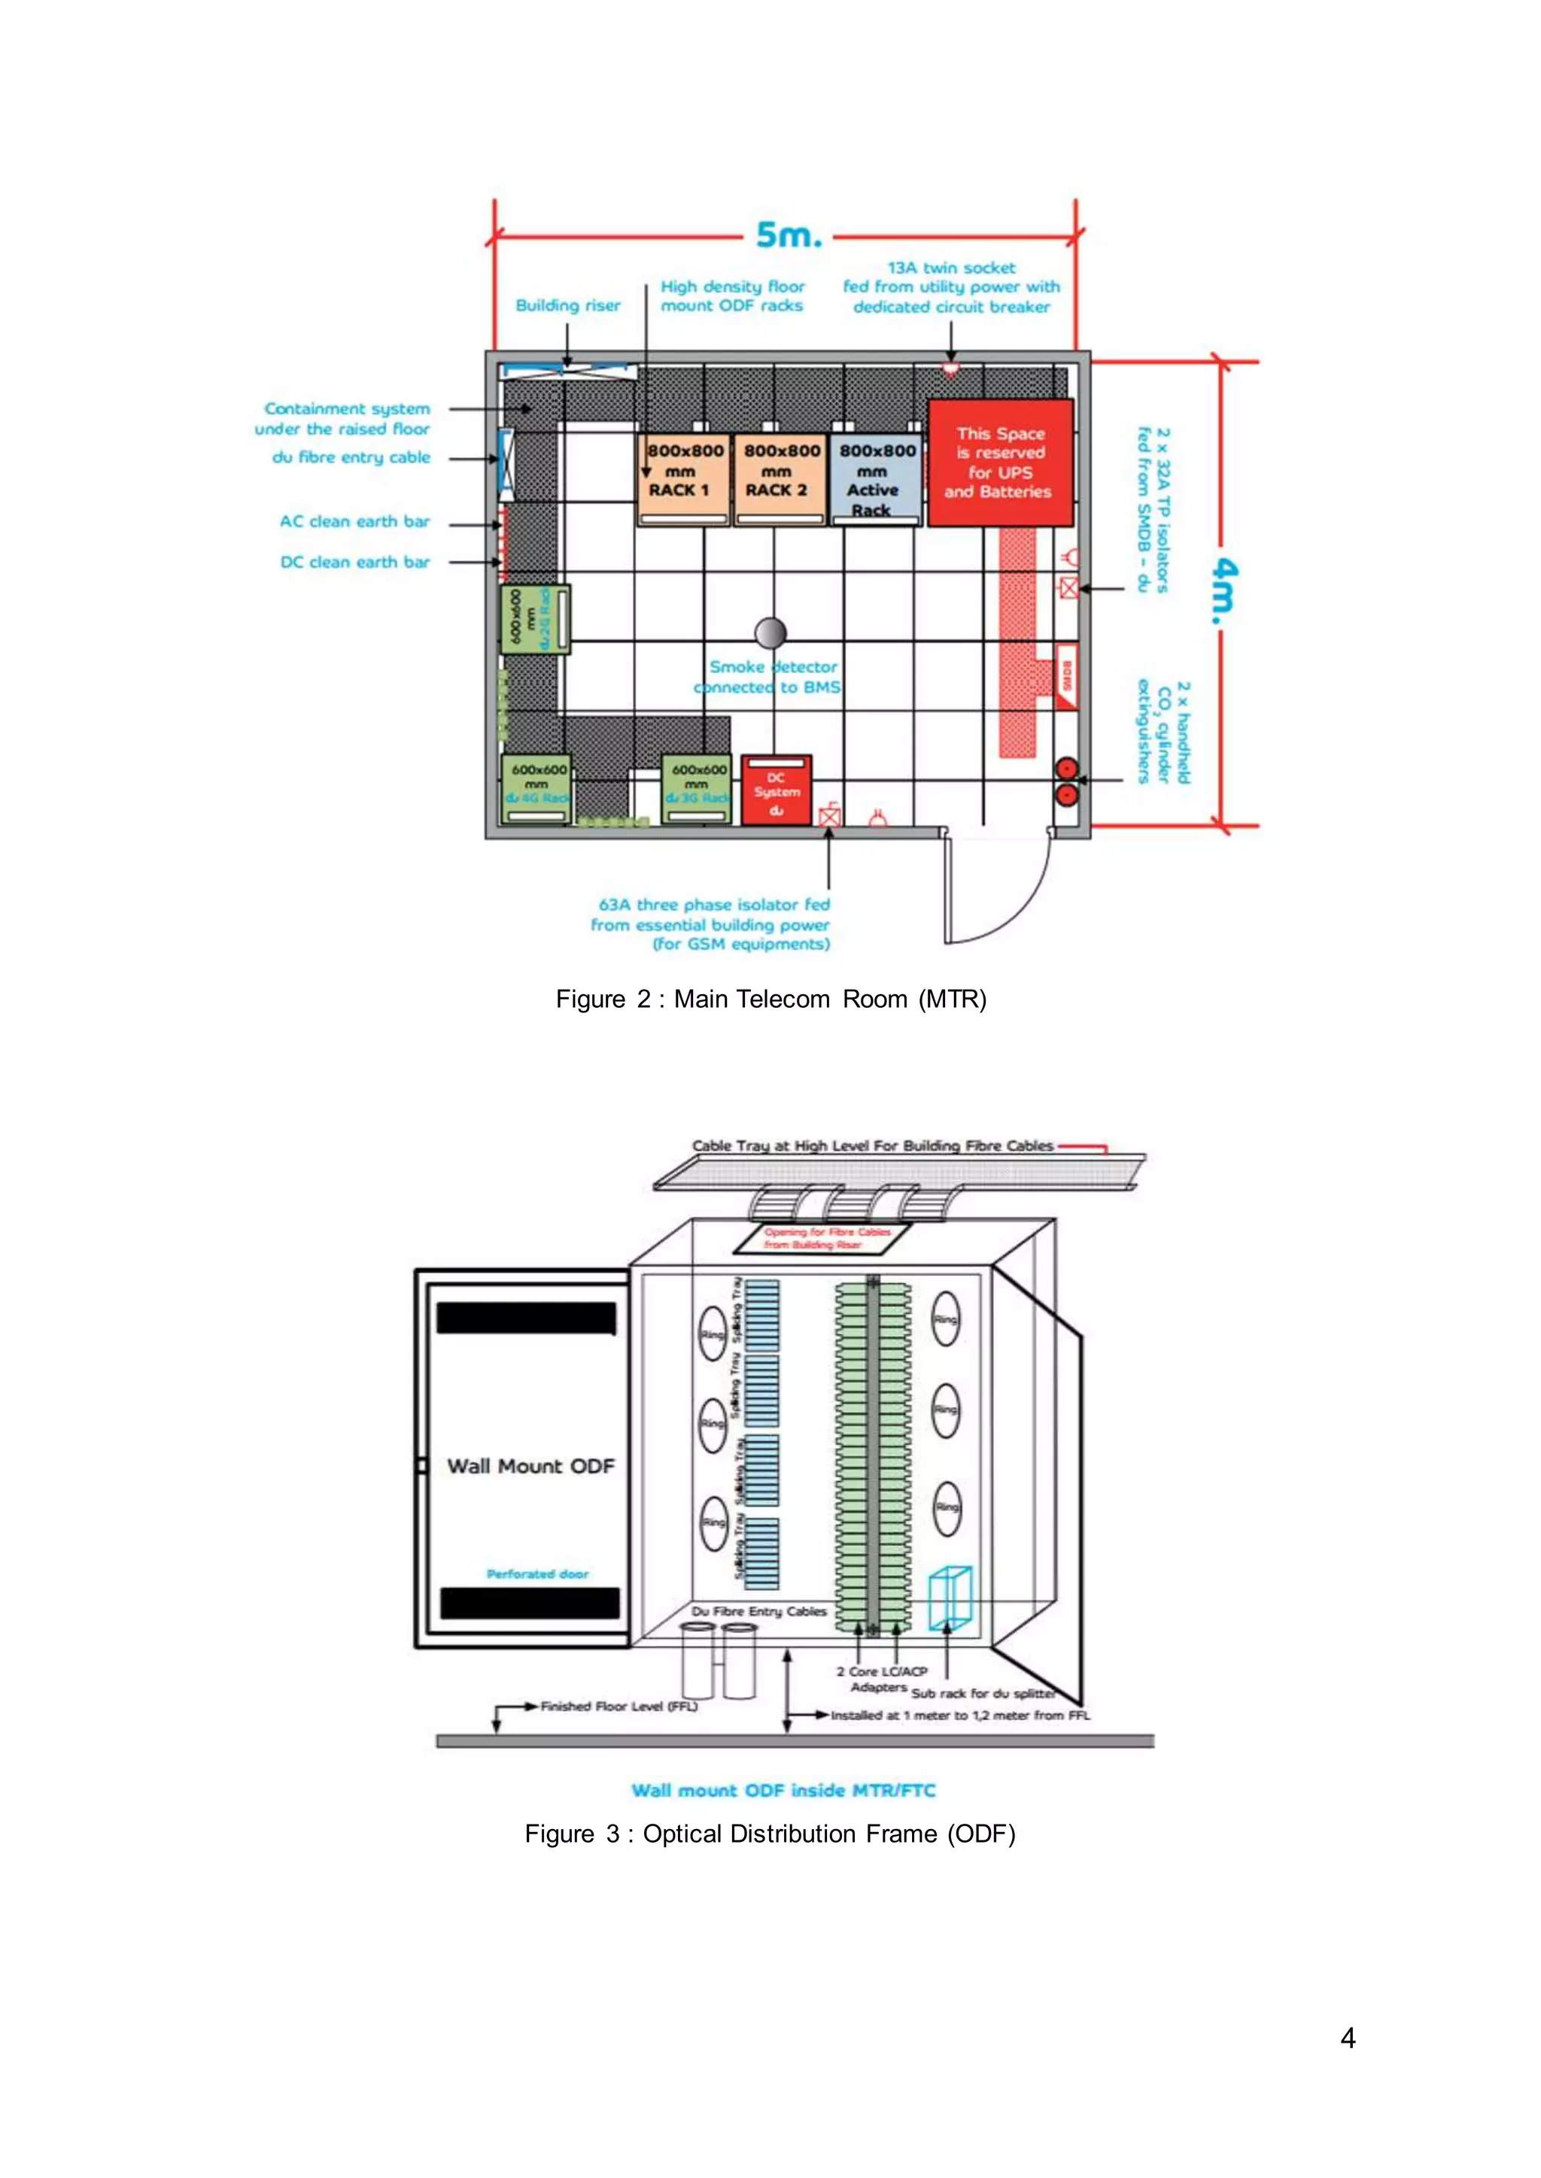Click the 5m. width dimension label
[x=788, y=235]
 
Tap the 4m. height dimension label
[x=1224, y=590]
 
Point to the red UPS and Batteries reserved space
[x=999, y=462]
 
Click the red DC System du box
[x=777, y=790]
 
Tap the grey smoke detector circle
[x=770, y=632]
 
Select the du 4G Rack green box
[x=536, y=787]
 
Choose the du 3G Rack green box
[x=697, y=787]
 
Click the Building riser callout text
[x=567, y=305]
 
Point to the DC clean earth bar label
[x=355, y=562]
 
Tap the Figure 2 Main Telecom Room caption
[x=770, y=999]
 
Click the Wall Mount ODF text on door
[x=530, y=1466]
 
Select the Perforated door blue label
[x=537, y=1574]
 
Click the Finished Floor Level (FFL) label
[x=619, y=1706]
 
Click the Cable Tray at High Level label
[x=872, y=1146]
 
